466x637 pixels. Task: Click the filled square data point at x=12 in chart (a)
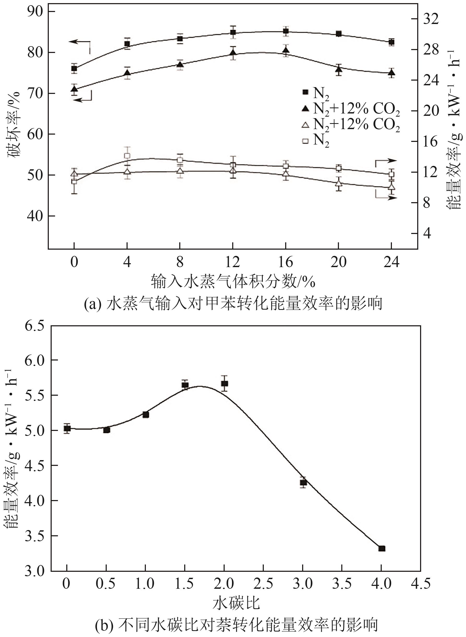[x=233, y=32]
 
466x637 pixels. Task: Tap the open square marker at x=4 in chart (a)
[x=127, y=156]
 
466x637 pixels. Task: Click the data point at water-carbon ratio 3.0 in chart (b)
[x=303, y=482]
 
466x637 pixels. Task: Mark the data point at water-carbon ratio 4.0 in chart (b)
[x=382, y=549]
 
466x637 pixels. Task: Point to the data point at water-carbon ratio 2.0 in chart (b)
[x=225, y=383]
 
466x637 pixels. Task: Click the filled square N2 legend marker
[x=305, y=92]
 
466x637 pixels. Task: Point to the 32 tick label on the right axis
[x=431, y=19]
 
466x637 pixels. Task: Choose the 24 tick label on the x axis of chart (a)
[x=391, y=262]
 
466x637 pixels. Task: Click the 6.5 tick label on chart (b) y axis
[x=34, y=326]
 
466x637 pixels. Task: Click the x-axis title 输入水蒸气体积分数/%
[x=233, y=281]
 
